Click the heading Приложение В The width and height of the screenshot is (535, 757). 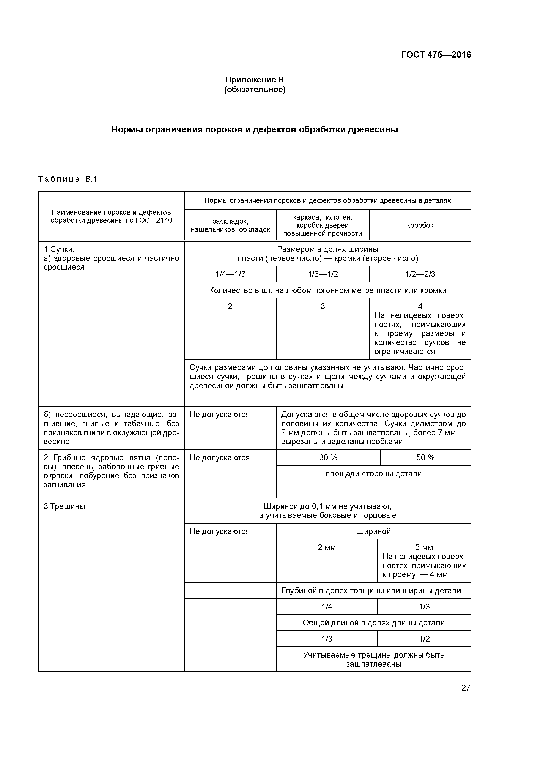(255, 80)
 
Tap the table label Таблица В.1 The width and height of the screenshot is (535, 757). (68, 179)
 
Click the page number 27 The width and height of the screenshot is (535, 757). (466, 688)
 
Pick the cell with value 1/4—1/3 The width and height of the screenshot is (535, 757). (230, 274)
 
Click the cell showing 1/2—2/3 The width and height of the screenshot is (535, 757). (420, 274)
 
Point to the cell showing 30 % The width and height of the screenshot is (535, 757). (328, 458)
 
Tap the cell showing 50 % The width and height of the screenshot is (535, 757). (425, 458)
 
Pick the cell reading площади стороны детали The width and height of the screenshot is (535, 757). (373, 474)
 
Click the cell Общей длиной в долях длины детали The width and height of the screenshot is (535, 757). (373, 623)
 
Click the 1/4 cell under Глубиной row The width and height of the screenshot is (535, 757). (326, 607)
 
